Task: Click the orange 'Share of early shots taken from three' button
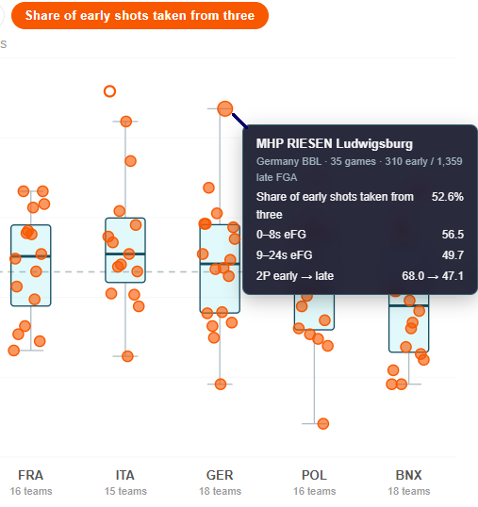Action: tap(140, 15)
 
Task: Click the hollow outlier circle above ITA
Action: tap(109, 91)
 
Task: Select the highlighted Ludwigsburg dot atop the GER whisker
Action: tap(225, 108)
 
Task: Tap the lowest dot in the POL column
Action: tap(323, 423)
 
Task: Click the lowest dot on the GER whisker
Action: tap(221, 384)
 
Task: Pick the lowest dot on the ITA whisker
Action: tap(127, 356)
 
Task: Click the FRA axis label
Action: tap(31, 475)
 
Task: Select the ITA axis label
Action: tap(125, 475)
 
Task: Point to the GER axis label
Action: tap(220, 475)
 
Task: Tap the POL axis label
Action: tap(314, 475)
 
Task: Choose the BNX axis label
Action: tap(409, 475)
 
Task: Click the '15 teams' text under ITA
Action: tap(125, 491)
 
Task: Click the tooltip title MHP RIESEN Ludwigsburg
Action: tap(335, 144)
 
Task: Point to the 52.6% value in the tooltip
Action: tap(448, 197)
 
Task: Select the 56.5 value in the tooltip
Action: tap(453, 234)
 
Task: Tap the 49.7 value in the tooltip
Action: tap(453, 255)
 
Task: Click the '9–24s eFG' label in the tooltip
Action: tap(285, 255)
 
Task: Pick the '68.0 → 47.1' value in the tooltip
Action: tap(433, 276)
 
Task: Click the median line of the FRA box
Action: tap(31, 256)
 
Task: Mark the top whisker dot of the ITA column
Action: tap(125, 122)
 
